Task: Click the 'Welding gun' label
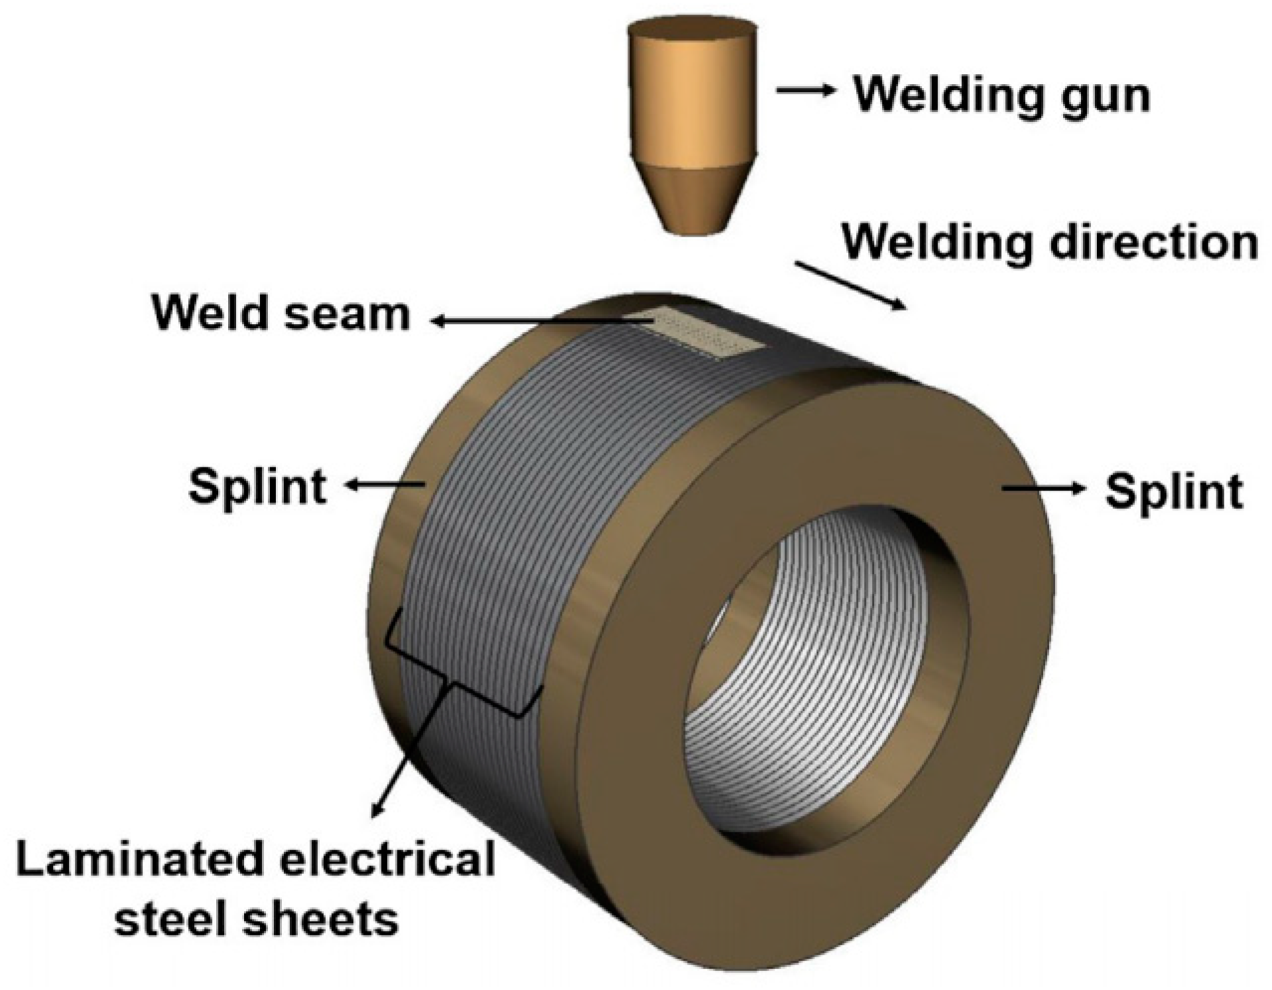pos(1001,95)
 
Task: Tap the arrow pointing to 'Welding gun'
pos(804,91)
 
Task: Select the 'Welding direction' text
pos(1050,243)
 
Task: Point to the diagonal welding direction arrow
pos(850,285)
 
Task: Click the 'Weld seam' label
pos(281,313)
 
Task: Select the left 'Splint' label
pos(257,487)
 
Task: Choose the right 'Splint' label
pos(1173,492)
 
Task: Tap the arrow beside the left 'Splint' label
pos(385,486)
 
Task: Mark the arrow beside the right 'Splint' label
pos(1043,489)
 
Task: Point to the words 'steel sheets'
pos(257,918)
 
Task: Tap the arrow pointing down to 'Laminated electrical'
pos(405,763)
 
